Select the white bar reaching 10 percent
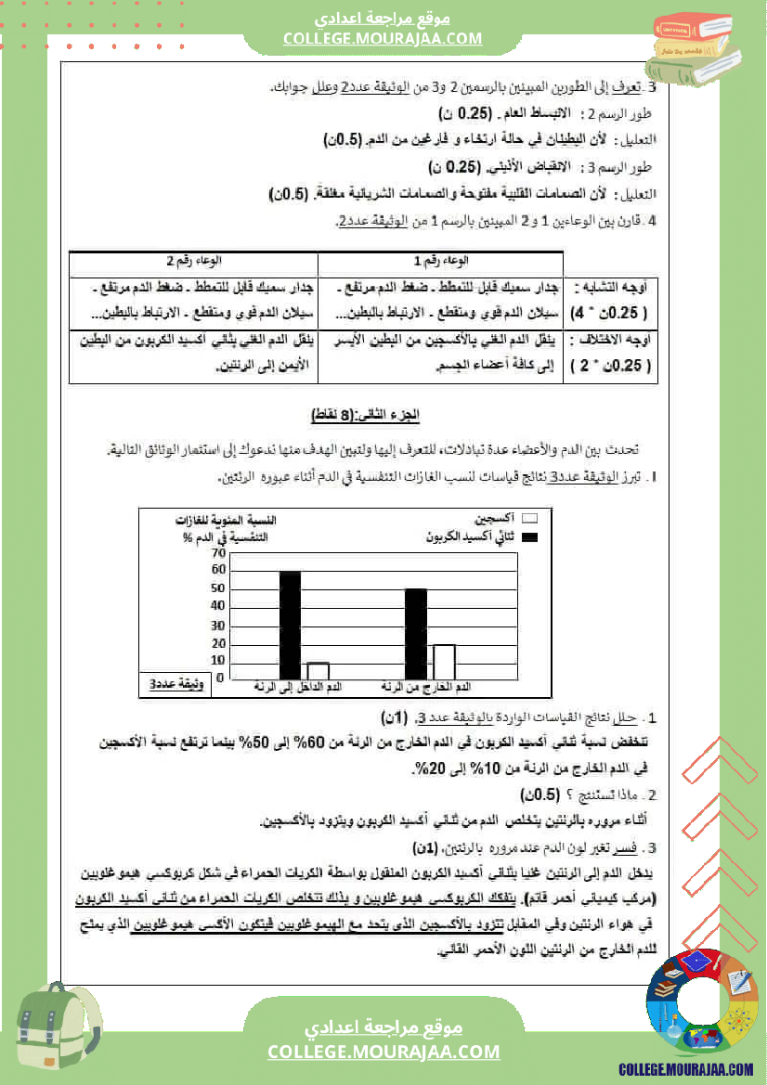coord(318,670)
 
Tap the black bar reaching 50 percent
coord(416,634)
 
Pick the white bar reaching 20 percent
coord(444,661)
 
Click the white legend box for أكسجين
coord(530,520)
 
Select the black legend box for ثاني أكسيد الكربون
coord(530,537)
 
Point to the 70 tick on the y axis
coord(219,553)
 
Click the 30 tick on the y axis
coord(219,625)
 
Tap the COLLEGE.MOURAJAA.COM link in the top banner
coord(383,38)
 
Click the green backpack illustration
coord(56,1031)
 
